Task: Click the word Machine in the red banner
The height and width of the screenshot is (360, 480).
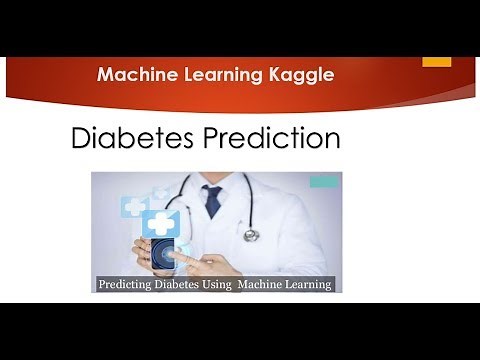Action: click(x=133, y=74)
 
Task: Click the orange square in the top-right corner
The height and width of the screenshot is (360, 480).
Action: click(x=436, y=61)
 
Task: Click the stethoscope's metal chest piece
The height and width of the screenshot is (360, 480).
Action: click(x=250, y=235)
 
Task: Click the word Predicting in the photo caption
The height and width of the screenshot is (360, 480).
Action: click(x=129, y=284)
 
